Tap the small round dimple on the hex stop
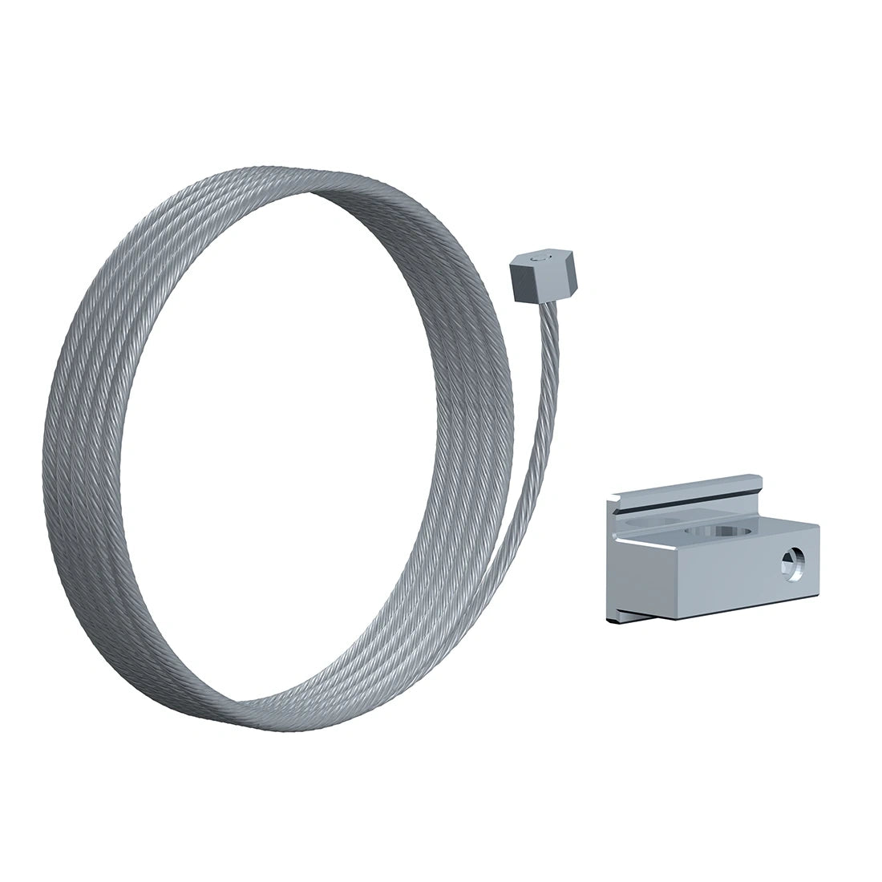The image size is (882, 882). [x=540, y=260]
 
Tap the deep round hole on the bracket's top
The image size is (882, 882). [x=731, y=532]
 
